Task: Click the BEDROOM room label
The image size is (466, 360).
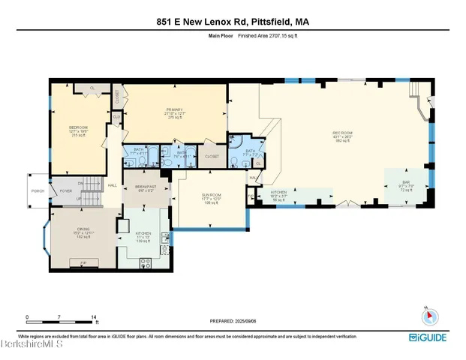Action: (x=78, y=128)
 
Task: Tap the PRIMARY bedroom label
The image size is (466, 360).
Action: (x=175, y=110)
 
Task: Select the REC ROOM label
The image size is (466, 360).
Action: (x=343, y=133)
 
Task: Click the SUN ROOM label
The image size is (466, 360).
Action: (x=210, y=196)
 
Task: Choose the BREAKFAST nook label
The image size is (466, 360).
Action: (x=145, y=187)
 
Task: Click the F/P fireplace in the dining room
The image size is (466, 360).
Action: (x=83, y=262)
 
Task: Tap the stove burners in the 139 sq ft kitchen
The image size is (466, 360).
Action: (x=146, y=262)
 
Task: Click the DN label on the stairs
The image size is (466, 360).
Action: (x=80, y=181)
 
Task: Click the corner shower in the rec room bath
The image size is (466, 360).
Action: (x=237, y=141)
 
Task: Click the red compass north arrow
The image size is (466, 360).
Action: (x=427, y=314)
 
